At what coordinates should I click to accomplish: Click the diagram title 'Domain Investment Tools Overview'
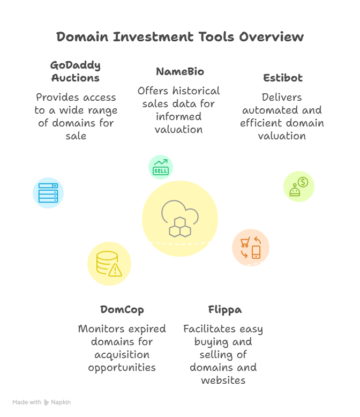click(x=180, y=37)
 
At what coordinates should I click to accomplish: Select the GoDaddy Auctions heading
click(x=76, y=71)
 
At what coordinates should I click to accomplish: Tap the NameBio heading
click(x=179, y=71)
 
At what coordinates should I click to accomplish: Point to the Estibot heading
click(x=282, y=78)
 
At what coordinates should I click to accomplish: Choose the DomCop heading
click(x=122, y=310)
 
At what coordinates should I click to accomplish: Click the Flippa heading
click(x=224, y=310)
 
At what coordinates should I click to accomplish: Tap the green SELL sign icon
click(x=161, y=167)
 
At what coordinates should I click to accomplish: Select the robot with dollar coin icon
click(x=298, y=187)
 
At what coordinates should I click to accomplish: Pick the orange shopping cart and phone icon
click(x=251, y=248)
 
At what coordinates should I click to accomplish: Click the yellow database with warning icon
click(x=109, y=264)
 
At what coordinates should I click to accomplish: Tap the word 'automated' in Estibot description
click(x=282, y=110)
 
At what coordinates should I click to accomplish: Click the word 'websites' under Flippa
click(x=223, y=381)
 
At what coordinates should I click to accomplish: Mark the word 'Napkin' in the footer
click(x=61, y=402)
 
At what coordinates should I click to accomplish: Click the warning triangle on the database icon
click(x=115, y=270)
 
